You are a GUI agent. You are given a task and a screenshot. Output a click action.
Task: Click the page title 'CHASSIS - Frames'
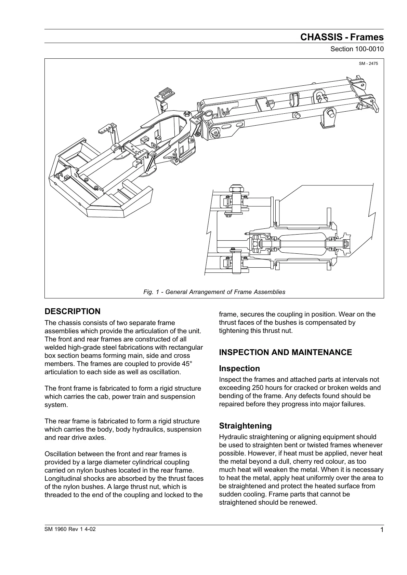coord(342,37)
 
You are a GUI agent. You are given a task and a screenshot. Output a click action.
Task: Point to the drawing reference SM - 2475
coord(368,64)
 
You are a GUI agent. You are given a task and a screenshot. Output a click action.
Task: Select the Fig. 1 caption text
coord(214,292)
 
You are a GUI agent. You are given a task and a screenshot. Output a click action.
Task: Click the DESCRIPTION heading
coord(73,311)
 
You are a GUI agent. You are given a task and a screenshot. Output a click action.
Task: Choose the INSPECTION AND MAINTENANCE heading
coord(285,352)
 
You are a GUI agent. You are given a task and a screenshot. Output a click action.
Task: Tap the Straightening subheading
coord(245,426)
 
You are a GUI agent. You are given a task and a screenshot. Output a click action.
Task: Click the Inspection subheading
coord(239,368)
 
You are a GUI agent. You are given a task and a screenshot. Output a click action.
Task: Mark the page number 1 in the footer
coord(382,530)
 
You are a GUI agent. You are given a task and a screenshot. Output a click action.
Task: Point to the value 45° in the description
coord(187,364)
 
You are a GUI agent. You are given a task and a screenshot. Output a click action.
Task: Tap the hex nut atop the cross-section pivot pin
coord(236,188)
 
